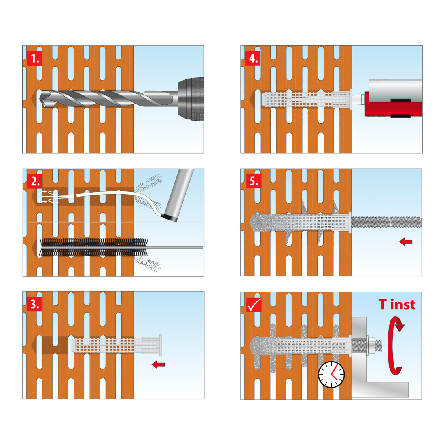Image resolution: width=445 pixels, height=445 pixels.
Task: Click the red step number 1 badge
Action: click(34, 59)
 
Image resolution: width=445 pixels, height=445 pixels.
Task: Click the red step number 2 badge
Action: click(34, 181)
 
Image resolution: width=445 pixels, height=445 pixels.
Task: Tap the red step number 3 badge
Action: click(34, 304)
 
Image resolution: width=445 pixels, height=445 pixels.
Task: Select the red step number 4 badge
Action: click(252, 59)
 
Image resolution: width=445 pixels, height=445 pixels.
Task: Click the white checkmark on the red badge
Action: click(254, 305)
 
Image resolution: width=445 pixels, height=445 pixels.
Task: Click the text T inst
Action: click(397, 305)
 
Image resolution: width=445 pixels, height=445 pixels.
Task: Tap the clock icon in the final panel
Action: click(331, 375)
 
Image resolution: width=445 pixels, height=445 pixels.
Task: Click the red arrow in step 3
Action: click(158, 364)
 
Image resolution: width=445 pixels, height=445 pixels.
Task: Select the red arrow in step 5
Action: click(405, 242)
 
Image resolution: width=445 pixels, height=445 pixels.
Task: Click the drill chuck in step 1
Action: click(191, 99)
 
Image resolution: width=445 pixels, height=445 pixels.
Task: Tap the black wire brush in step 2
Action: click(94, 247)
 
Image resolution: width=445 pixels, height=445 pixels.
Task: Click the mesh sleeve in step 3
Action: click(117, 345)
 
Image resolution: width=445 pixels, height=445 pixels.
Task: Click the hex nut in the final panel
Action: click(371, 345)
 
